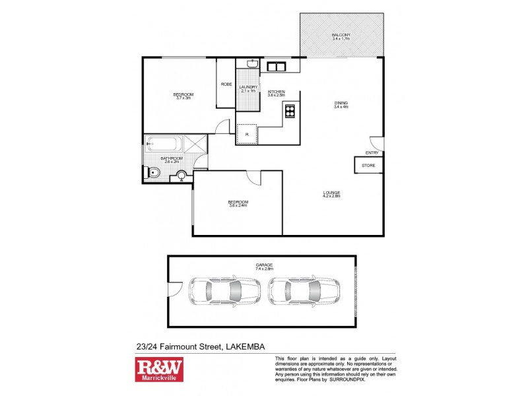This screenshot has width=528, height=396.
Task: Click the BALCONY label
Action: (x=341, y=34)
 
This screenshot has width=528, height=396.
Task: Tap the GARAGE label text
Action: (x=264, y=265)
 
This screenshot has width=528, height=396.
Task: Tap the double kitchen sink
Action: (x=275, y=66)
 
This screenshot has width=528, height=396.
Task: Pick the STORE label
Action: (x=368, y=165)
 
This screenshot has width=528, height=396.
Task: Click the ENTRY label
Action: (x=372, y=153)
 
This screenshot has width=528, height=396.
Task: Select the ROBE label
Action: (x=226, y=84)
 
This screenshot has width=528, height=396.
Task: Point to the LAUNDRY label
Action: (x=248, y=87)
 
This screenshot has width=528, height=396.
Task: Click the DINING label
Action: (x=341, y=102)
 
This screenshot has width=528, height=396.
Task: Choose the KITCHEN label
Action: (x=276, y=92)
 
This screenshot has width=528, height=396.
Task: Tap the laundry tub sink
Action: (x=251, y=65)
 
